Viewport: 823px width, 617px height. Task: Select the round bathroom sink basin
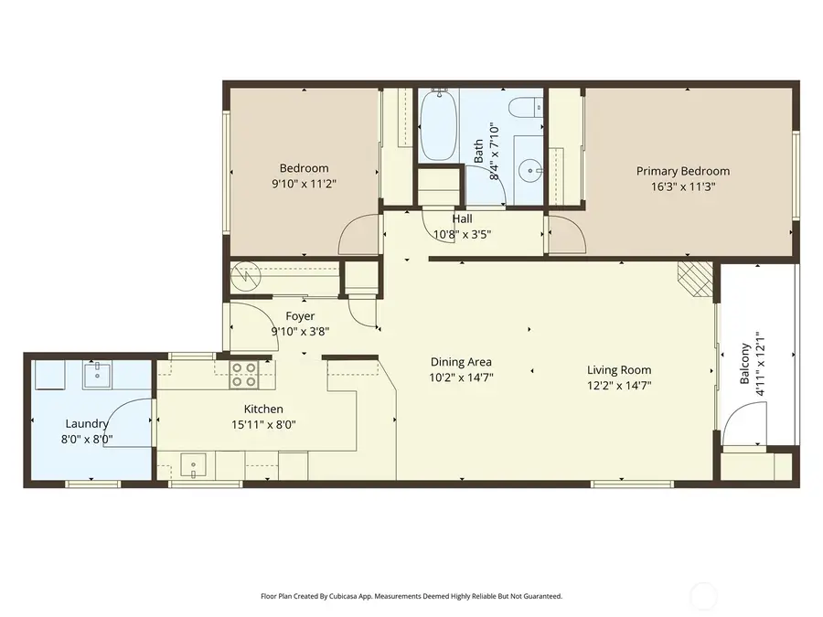(529, 170)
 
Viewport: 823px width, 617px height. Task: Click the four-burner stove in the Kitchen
(244, 374)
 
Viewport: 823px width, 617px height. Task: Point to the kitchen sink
(194, 465)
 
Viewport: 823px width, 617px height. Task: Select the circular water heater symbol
(245, 273)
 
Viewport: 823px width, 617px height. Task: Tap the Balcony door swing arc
(745, 421)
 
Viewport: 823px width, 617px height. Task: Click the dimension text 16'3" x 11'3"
(683, 187)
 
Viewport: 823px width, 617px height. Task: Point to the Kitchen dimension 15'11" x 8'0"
(263, 424)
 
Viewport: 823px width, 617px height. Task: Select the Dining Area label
(461, 362)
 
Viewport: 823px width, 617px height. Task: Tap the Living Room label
(619, 370)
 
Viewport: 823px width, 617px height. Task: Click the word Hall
(462, 219)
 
